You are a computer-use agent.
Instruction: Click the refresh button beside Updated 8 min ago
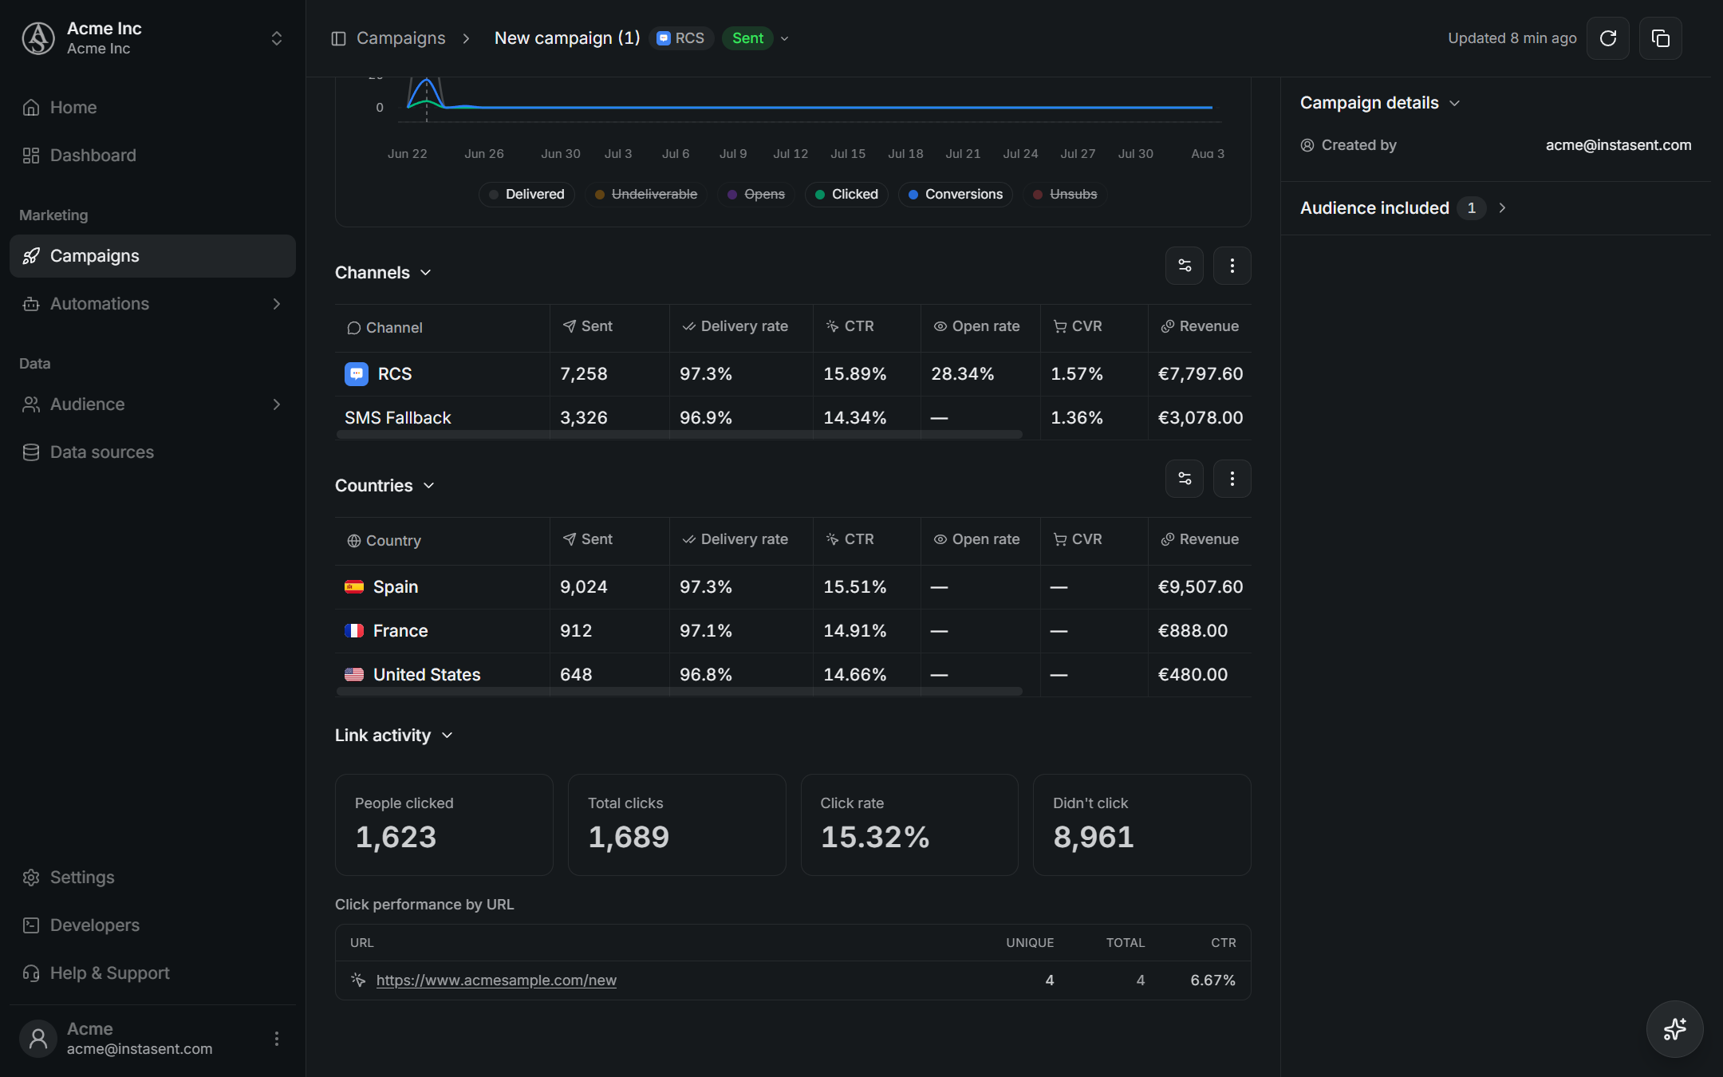[1607, 38]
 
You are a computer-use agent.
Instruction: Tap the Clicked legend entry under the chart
[846, 195]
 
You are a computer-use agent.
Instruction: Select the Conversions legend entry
[956, 195]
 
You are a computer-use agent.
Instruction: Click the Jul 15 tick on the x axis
[848, 154]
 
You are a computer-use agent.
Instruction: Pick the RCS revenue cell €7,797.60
[1201, 374]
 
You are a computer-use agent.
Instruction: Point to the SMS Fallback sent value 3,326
[584, 418]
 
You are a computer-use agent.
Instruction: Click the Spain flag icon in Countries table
[354, 587]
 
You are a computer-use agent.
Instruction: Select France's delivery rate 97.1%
[706, 631]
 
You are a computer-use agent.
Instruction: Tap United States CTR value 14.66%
[855, 675]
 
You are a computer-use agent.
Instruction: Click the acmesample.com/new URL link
[496, 980]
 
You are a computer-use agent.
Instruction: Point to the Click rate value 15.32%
[875, 837]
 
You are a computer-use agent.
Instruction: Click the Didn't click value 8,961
[1094, 837]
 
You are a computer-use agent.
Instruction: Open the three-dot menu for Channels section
[1232, 266]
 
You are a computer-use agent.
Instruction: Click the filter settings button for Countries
[1185, 479]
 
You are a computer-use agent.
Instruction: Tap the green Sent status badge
[748, 38]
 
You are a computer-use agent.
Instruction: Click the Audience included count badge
[1472, 208]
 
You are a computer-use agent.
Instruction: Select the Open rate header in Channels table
[977, 326]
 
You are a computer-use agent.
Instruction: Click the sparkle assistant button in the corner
[1675, 1029]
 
